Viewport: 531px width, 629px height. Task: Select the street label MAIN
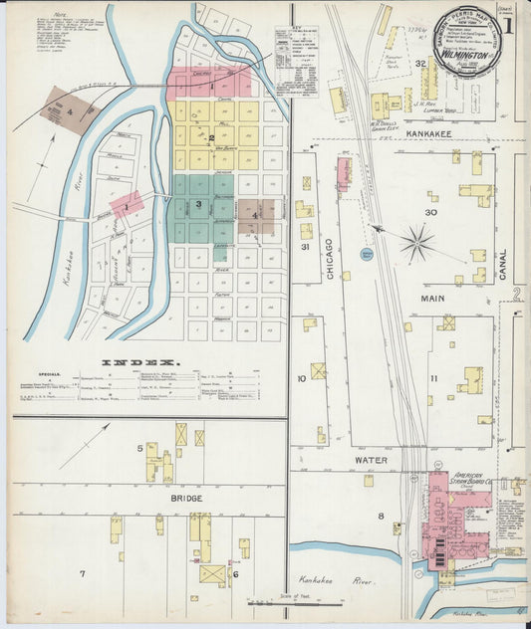(x=430, y=297)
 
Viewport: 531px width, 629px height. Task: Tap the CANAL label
(x=505, y=263)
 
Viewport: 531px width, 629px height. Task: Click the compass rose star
(x=416, y=242)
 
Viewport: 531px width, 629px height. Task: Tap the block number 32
(x=422, y=64)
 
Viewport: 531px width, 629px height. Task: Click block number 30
(x=430, y=212)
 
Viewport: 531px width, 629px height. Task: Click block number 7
(x=83, y=574)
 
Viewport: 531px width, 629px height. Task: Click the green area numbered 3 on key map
(x=198, y=204)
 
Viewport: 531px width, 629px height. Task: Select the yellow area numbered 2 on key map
(x=210, y=137)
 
